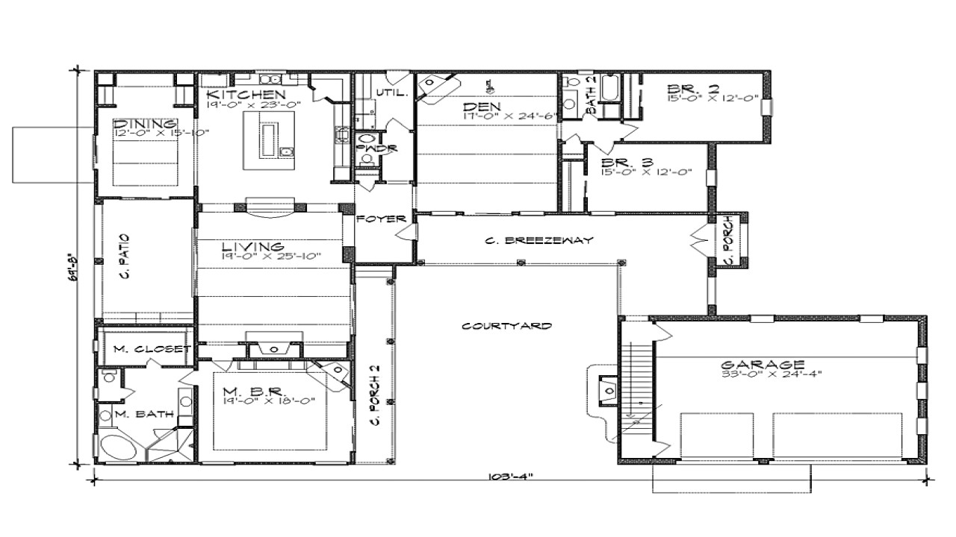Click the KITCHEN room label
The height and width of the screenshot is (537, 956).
(245, 95)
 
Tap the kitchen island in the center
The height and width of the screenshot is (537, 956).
(267, 139)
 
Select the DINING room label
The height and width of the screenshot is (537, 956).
(146, 124)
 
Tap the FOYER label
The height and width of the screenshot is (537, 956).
(381, 219)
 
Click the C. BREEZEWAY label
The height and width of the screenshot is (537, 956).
(538, 240)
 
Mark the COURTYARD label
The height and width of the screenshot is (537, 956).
(506, 326)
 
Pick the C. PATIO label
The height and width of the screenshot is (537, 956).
(125, 257)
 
